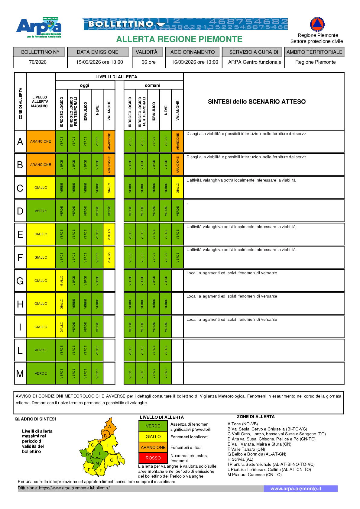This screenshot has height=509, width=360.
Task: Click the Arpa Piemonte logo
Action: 39,27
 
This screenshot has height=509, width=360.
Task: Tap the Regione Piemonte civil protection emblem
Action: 317,24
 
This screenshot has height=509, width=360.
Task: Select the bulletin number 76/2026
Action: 38,62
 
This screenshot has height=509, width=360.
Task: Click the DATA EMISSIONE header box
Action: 98,52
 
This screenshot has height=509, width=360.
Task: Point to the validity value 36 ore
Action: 148,62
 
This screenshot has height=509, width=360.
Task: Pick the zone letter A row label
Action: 20,141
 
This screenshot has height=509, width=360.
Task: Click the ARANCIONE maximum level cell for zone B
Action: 41,165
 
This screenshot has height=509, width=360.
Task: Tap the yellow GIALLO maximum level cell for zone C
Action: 41,188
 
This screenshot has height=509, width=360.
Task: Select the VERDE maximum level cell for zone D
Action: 41,211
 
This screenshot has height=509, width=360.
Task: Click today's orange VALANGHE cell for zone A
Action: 109,141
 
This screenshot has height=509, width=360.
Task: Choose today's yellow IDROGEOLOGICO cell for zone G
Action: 62,281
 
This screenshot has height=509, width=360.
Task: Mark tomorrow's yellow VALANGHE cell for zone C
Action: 177,188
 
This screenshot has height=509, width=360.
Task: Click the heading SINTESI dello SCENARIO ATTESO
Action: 257,101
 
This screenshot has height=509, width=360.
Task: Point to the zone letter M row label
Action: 20,373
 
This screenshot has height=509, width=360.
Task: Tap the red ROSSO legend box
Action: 153,458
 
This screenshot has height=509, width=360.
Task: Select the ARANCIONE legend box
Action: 153,447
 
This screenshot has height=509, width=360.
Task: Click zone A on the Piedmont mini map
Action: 110,426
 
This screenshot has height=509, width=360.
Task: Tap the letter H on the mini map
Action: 120,459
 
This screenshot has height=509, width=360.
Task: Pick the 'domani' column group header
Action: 152,85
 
